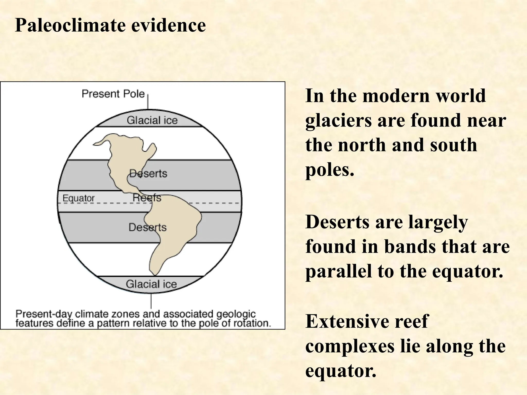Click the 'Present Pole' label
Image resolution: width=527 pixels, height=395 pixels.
click(113, 94)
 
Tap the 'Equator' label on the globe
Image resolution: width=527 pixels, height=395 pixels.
click(78, 198)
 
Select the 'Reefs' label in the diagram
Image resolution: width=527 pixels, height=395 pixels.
click(147, 197)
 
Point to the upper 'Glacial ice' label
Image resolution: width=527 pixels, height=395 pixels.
click(152, 120)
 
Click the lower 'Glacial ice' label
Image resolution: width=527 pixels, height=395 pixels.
click(151, 284)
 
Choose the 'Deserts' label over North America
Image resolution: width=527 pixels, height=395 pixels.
click(148, 174)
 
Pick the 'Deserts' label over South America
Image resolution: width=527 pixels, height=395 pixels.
click(147, 227)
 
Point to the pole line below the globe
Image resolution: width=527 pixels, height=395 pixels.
click(151, 301)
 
